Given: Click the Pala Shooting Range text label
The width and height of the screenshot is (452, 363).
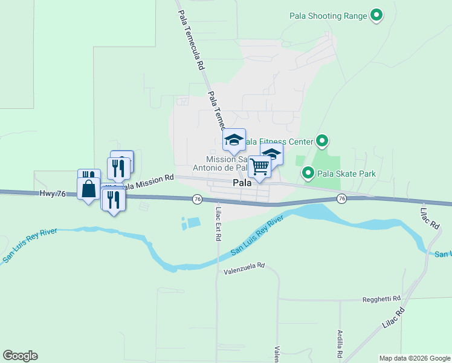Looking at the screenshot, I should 328,16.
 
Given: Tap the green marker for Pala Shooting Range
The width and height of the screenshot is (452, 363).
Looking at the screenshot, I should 376,15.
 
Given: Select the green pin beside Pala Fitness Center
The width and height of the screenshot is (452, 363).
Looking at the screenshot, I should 322,142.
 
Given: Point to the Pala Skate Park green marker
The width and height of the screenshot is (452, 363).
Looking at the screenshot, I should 308,174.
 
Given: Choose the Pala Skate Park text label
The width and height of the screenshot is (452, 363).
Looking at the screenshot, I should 346,174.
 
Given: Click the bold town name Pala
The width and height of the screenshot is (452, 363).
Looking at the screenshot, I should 242,183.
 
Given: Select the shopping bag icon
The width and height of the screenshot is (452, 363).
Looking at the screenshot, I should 89,188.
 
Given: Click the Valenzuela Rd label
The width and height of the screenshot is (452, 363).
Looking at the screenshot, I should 244,266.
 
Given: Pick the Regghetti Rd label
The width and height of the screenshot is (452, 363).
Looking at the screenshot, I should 381,299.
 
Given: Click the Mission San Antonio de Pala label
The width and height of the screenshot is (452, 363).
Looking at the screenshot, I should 220,163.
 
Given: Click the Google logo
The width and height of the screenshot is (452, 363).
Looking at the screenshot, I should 20,356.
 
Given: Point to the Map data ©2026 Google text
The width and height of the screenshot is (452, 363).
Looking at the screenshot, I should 414,358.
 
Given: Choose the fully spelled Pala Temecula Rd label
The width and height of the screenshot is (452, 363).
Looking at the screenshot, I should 190,36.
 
